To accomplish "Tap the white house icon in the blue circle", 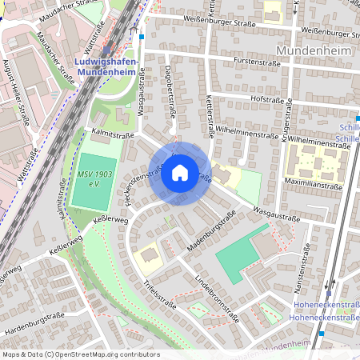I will [180, 172].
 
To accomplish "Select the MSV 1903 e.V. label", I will [94, 178].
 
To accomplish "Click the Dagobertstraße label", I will [170, 98].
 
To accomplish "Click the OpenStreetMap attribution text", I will [80, 354].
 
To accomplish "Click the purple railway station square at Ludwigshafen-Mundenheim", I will [106, 49].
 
